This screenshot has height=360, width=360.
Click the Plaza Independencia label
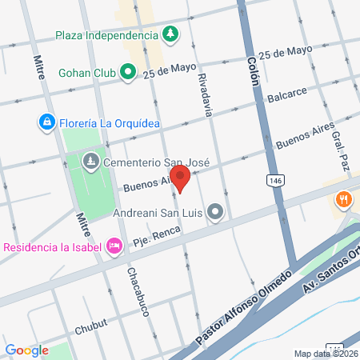tap(107, 35)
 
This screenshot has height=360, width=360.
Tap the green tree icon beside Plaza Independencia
tap(170, 34)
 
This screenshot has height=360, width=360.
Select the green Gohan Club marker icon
tap(129, 73)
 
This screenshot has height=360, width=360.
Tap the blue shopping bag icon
tap(47, 122)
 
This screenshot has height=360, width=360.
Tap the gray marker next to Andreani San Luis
tap(214, 213)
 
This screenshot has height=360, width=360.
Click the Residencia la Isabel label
tap(52, 246)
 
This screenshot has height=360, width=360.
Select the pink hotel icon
tap(114, 246)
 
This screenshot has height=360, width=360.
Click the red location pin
tap(180, 178)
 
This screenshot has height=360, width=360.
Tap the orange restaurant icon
tap(345, 200)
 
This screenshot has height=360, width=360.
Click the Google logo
tap(26, 350)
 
